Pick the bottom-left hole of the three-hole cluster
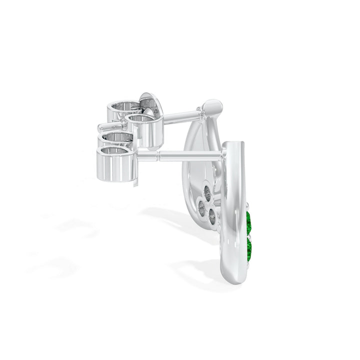[x=202, y=209]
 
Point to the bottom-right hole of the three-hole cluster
[x=212, y=216]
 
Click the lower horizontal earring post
[x=180, y=156]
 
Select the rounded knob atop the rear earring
[x=212, y=107]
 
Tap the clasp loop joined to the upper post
[x=145, y=129]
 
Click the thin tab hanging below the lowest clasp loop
[x=136, y=182]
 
